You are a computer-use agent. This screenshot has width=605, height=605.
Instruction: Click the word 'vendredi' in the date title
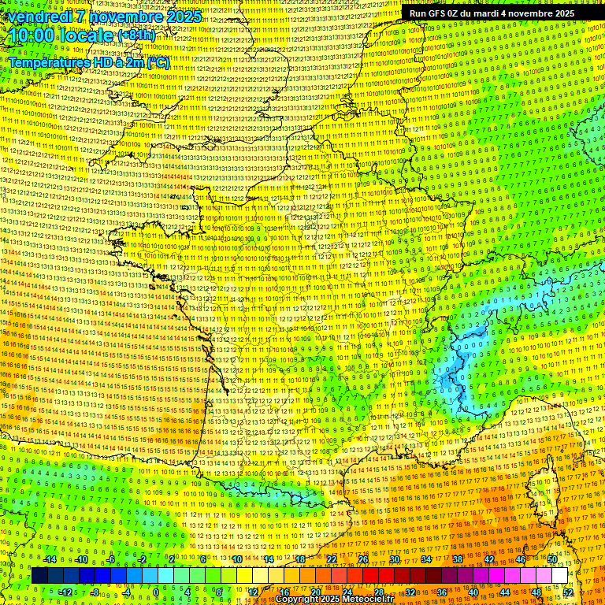coord(37,17)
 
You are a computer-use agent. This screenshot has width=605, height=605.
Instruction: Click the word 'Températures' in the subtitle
coord(46,61)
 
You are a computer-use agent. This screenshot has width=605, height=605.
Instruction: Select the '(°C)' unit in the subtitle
coord(158,61)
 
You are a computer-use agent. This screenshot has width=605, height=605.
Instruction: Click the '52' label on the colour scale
coord(568,592)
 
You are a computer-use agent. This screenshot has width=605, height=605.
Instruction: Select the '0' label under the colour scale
coord(156,592)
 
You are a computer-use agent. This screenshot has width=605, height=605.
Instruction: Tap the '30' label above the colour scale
coord(395,559)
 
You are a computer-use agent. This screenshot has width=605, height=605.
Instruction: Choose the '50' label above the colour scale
coord(552,559)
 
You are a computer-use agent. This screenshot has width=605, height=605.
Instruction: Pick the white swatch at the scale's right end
coord(559,576)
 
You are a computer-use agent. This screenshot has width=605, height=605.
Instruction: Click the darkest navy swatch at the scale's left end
coord(40,576)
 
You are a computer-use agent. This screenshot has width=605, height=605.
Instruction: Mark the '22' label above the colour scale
coord(332,559)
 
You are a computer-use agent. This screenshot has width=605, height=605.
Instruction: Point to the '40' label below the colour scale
coord(473,592)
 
